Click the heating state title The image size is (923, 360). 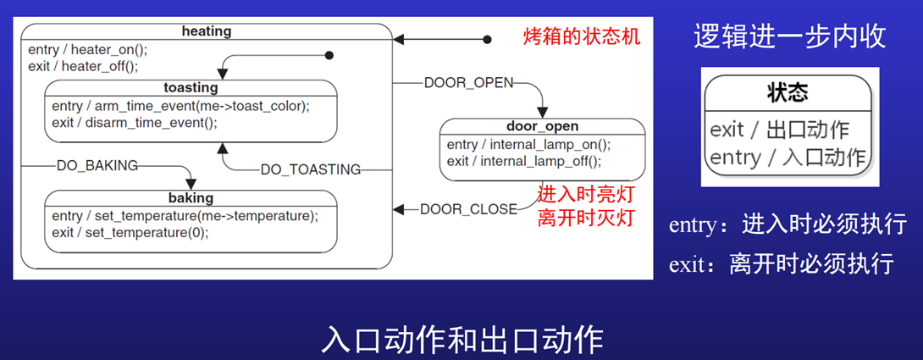207,31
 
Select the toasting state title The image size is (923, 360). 191,87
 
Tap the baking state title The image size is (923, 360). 191,198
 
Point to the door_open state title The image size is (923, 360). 543,126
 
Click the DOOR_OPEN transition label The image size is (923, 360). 468,82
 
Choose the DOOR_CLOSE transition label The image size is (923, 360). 468,208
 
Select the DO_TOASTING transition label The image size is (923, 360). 310,169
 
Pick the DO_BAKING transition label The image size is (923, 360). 97,165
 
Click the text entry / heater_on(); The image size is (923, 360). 87,49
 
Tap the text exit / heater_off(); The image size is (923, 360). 82,65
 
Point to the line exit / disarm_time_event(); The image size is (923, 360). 134,122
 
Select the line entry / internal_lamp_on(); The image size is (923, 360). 528,144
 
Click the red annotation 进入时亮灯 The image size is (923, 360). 585,194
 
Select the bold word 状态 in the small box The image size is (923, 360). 788,91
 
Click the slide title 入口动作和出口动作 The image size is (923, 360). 461,338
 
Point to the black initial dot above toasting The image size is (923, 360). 330,56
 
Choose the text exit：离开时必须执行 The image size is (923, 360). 781,263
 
